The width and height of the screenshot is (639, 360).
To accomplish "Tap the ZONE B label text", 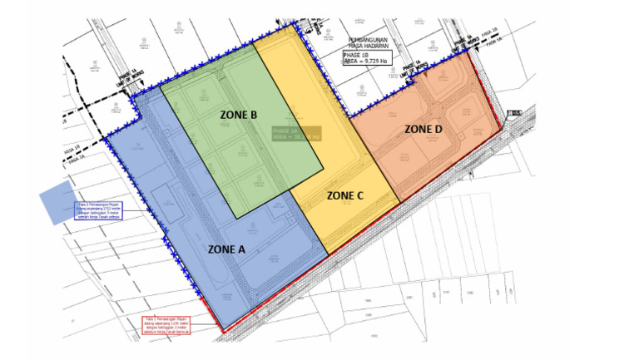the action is click(239, 114).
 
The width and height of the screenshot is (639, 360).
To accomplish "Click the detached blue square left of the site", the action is click(62, 204).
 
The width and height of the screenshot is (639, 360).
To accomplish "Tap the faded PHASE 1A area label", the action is click(295, 134).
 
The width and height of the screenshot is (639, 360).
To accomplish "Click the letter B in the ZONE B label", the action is click(254, 114).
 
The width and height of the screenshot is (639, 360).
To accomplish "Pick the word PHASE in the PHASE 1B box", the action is click(354, 55).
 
